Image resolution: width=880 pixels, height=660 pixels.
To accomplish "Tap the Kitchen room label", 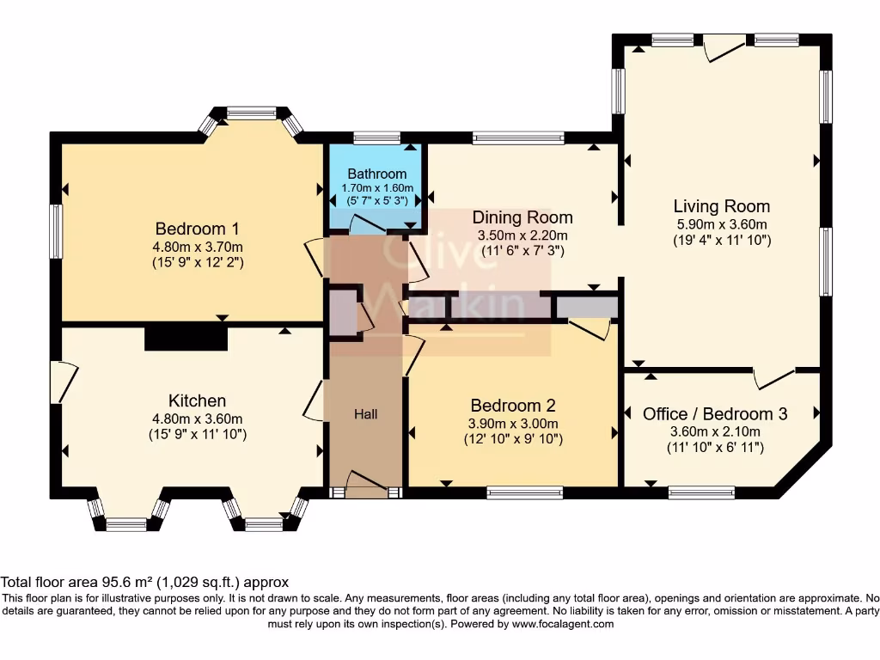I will point(197,400).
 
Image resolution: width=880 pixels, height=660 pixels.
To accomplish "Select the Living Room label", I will point(721,206).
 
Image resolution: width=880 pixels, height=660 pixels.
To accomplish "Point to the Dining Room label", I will point(522,217).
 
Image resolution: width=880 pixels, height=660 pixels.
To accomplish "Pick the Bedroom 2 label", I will point(513,406).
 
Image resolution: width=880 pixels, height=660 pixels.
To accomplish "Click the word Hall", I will point(366,414).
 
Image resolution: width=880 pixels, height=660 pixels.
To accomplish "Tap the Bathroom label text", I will point(376,174).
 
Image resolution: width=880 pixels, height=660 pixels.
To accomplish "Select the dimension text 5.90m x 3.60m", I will point(721,224).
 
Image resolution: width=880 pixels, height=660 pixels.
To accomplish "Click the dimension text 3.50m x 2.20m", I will point(522,235).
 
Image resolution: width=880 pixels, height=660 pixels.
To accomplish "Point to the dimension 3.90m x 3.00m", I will point(513,424).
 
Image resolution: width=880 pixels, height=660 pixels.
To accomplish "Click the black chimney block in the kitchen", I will point(186,338).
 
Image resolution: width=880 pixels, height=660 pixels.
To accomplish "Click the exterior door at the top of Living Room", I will point(718,48).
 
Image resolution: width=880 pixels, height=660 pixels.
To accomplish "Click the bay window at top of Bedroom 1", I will point(252,113).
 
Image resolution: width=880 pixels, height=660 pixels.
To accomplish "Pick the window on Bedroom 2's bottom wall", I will point(523,492).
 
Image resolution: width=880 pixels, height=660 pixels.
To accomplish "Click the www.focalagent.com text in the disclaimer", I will point(563,624).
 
